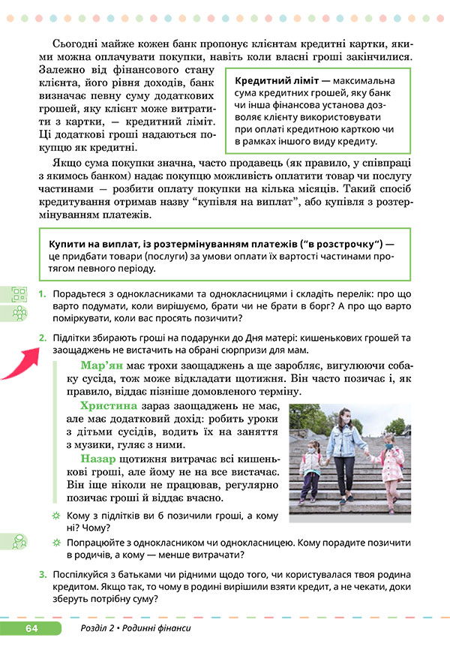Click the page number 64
[31, 627]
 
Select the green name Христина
[106, 408]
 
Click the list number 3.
[43, 575]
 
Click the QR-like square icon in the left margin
[19, 294]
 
